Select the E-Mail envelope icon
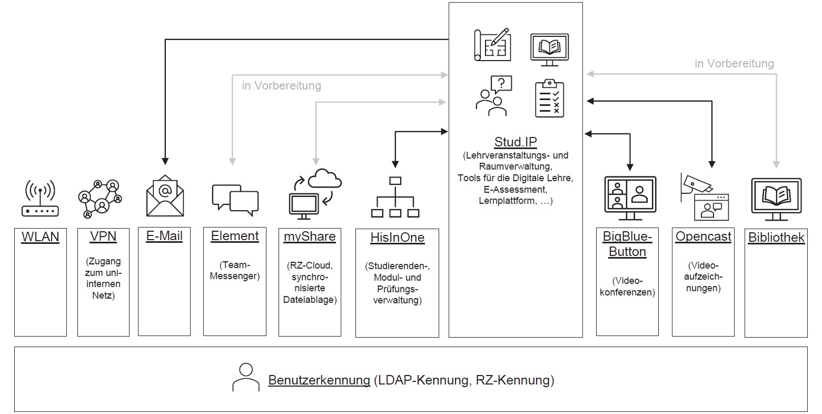165,195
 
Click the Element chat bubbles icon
235,200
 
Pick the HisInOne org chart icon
395,198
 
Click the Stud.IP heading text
516,142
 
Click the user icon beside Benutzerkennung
246,377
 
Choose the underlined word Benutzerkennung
319,380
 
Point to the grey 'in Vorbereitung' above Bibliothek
734,64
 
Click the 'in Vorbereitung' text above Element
281,85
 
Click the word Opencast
703,236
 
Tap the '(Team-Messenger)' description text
235,271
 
